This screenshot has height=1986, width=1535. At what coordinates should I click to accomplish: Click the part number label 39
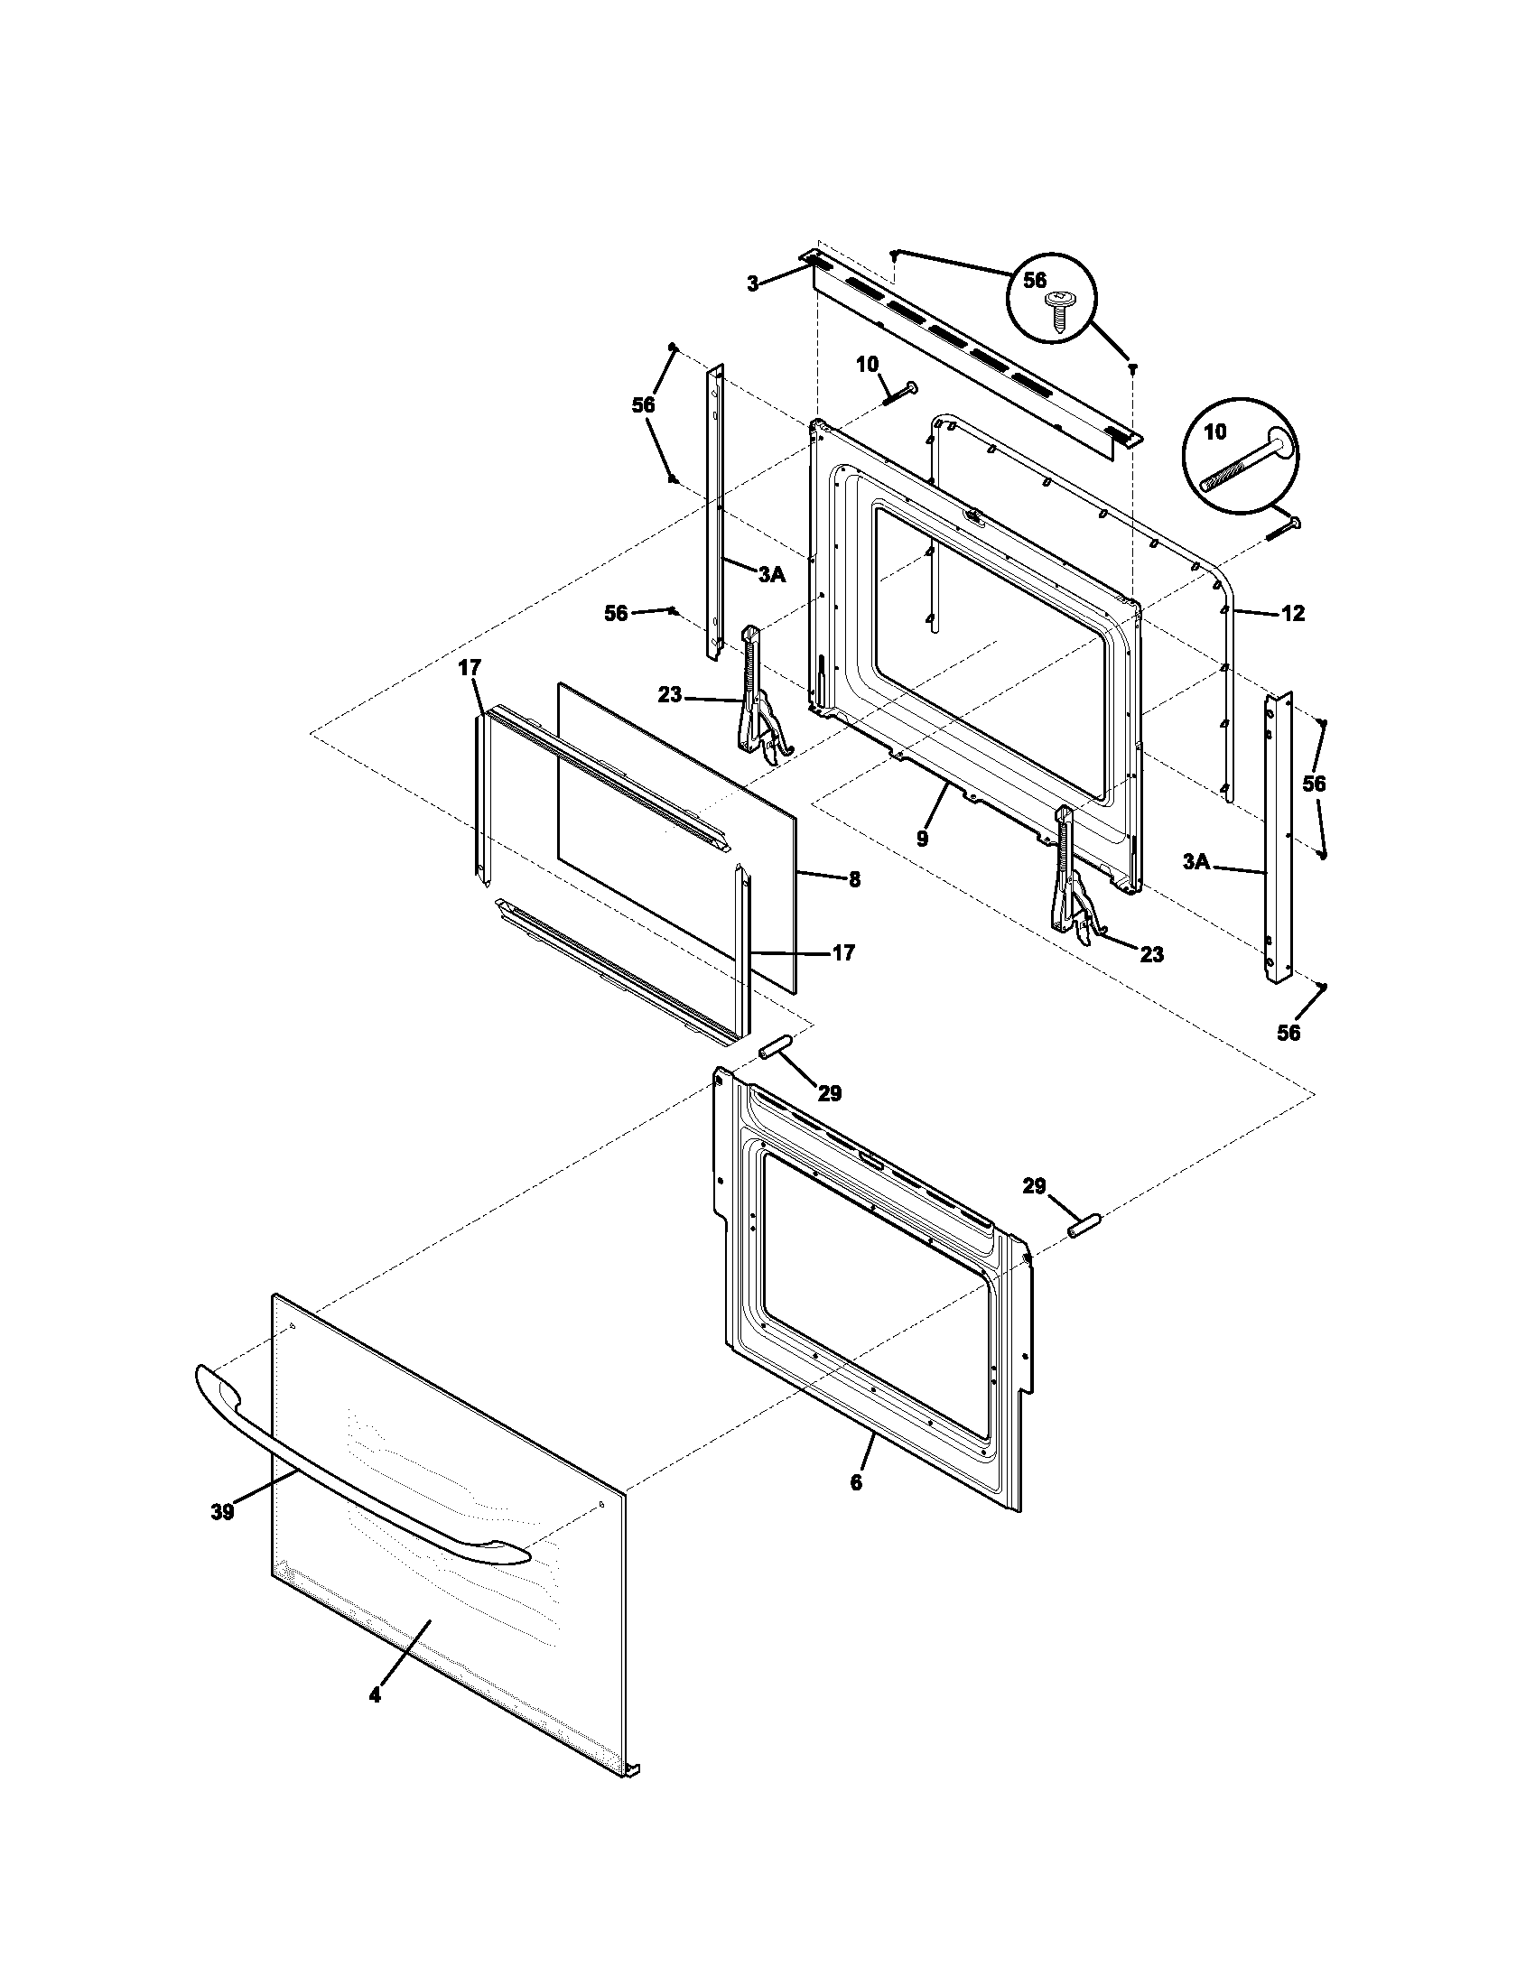[222, 1511]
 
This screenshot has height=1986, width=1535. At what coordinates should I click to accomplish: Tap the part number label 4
[376, 1695]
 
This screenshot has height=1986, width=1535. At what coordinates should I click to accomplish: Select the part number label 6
[856, 1482]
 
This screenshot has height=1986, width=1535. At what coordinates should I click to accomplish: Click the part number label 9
[922, 839]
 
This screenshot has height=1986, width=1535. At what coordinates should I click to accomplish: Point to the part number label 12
[1292, 614]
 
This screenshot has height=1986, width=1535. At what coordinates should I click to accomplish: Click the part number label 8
[854, 879]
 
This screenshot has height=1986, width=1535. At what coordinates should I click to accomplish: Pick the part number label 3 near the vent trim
[753, 283]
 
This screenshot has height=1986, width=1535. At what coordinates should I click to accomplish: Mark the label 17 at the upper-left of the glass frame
[469, 668]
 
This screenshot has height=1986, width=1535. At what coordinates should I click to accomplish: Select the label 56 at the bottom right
[1288, 1032]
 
